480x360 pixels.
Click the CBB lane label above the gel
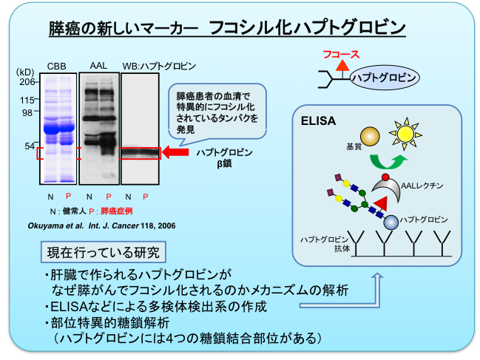coord(56,67)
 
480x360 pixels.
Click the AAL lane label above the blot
coord(98,67)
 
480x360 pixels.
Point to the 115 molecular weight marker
coord(28,100)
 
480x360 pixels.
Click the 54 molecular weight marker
coord(30,146)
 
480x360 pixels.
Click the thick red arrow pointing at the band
coord(177,153)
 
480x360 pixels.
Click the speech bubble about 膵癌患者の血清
coord(219,112)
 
